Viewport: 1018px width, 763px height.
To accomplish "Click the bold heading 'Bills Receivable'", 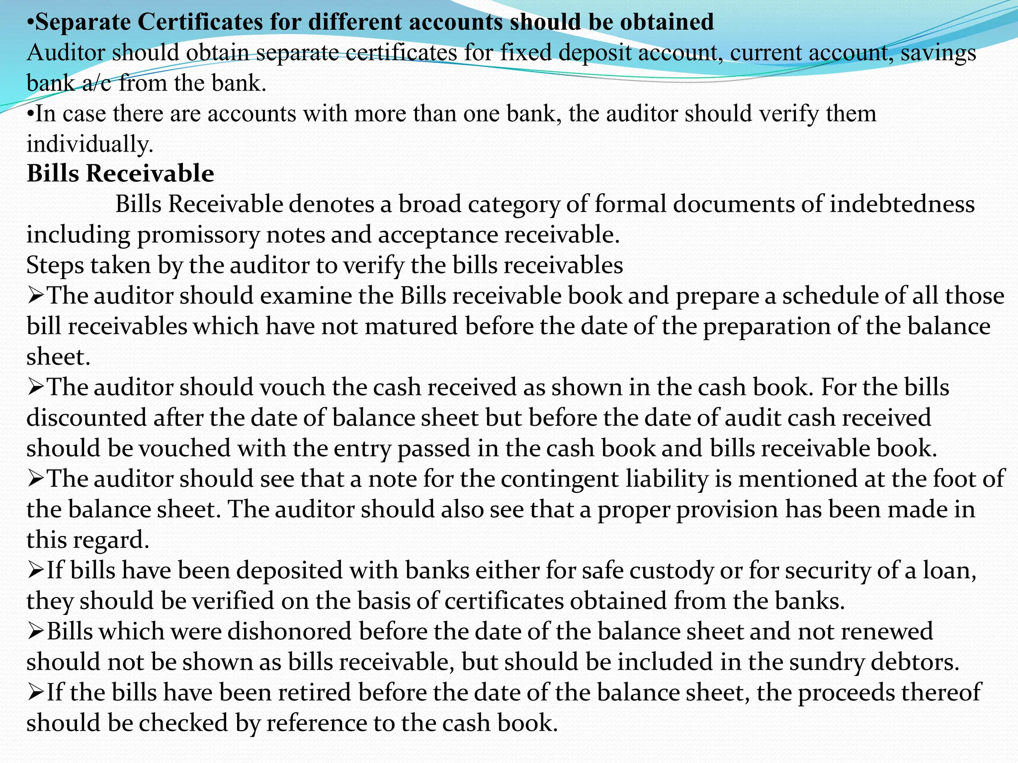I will pos(120,174).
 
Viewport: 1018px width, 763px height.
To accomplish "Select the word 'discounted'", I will pos(86,418).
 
